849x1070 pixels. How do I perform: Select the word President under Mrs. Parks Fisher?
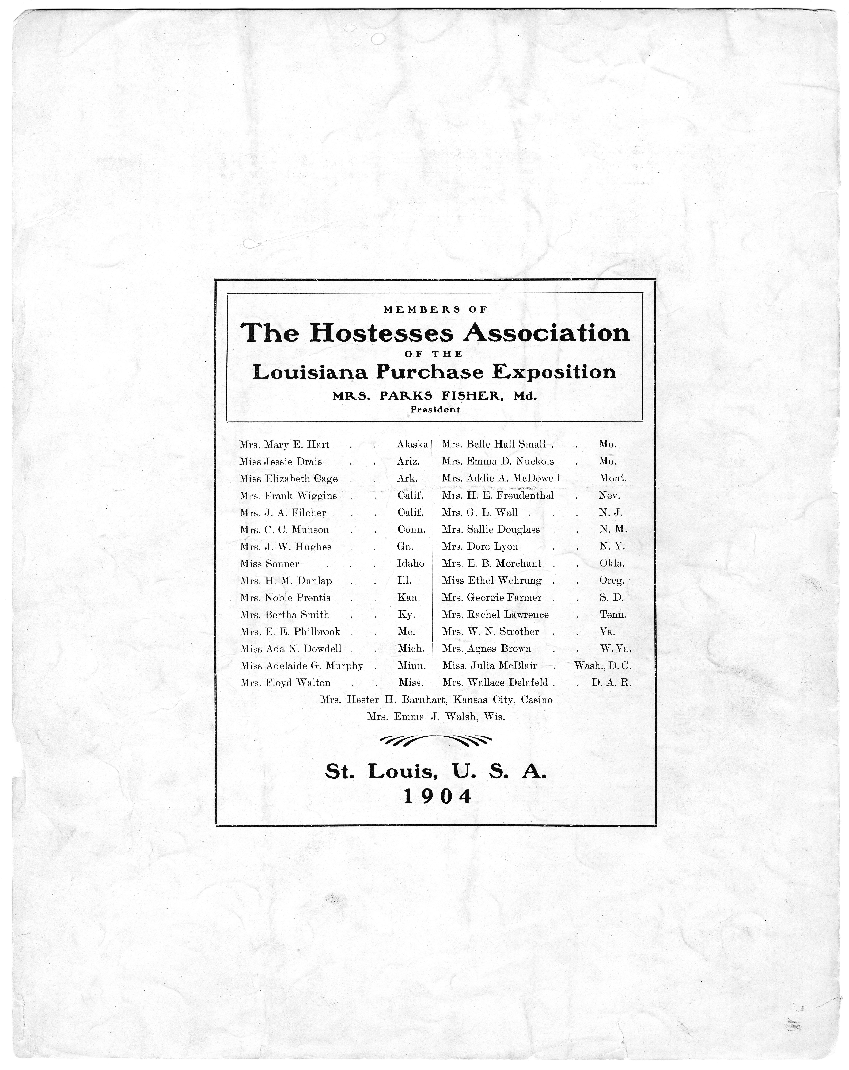pyautogui.click(x=435, y=410)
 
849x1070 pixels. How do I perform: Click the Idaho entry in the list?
pyautogui.click(x=411, y=564)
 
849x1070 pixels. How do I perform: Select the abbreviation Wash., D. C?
pyautogui.click(x=602, y=666)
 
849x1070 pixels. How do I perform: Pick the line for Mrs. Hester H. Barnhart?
pyautogui.click(x=436, y=700)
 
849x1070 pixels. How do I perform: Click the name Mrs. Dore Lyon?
pyautogui.click(x=479, y=547)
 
